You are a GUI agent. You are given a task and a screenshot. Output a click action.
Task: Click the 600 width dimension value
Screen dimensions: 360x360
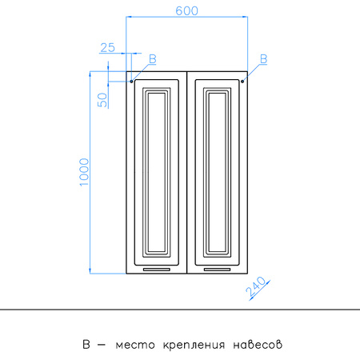click(x=186, y=10)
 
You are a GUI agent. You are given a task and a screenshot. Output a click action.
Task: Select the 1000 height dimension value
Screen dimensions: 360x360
click(x=84, y=172)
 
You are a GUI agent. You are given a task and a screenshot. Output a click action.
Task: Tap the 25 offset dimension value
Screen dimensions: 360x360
click(x=108, y=48)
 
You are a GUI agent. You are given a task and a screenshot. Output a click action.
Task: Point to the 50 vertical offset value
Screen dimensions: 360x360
click(x=102, y=100)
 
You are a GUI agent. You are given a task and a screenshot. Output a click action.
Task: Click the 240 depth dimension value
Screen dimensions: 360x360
click(x=256, y=286)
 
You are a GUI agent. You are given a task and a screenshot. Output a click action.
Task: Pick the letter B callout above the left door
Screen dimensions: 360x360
click(x=153, y=59)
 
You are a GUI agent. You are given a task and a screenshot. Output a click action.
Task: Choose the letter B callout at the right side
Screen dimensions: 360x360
click(x=263, y=59)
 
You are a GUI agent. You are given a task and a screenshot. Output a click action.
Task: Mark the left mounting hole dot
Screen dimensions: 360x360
click(x=131, y=82)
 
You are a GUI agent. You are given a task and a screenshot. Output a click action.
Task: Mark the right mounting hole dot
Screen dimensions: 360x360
click(x=242, y=82)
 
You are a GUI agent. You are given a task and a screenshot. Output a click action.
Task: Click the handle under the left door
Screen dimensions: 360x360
click(x=157, y=270)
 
